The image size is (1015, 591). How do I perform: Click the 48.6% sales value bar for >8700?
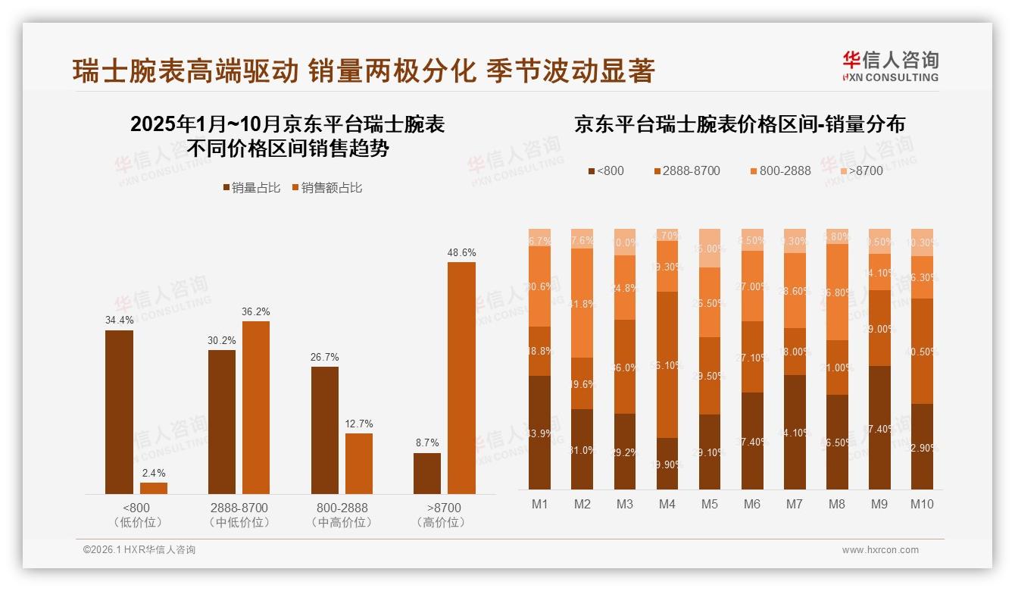point(461,378)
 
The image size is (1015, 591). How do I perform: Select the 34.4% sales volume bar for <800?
point(119,412)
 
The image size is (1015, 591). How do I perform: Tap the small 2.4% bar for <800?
point(154,488)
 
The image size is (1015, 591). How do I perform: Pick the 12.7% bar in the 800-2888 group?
point(359,464)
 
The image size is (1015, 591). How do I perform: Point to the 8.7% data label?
point(427,442)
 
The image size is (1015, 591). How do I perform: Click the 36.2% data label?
point(256,311)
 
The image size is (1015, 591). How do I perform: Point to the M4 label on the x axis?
point(667,504)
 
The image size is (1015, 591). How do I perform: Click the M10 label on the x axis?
point(922,504)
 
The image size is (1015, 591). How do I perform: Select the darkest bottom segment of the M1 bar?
point(540,432)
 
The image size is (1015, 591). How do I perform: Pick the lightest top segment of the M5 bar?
point(710,248)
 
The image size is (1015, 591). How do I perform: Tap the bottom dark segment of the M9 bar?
point(879,427)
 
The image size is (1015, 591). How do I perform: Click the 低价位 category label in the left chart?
point(136,522)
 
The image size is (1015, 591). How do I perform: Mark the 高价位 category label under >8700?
point(444,522)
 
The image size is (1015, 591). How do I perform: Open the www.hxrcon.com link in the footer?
point(880,550)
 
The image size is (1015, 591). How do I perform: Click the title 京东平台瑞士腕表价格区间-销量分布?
point(739,124)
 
